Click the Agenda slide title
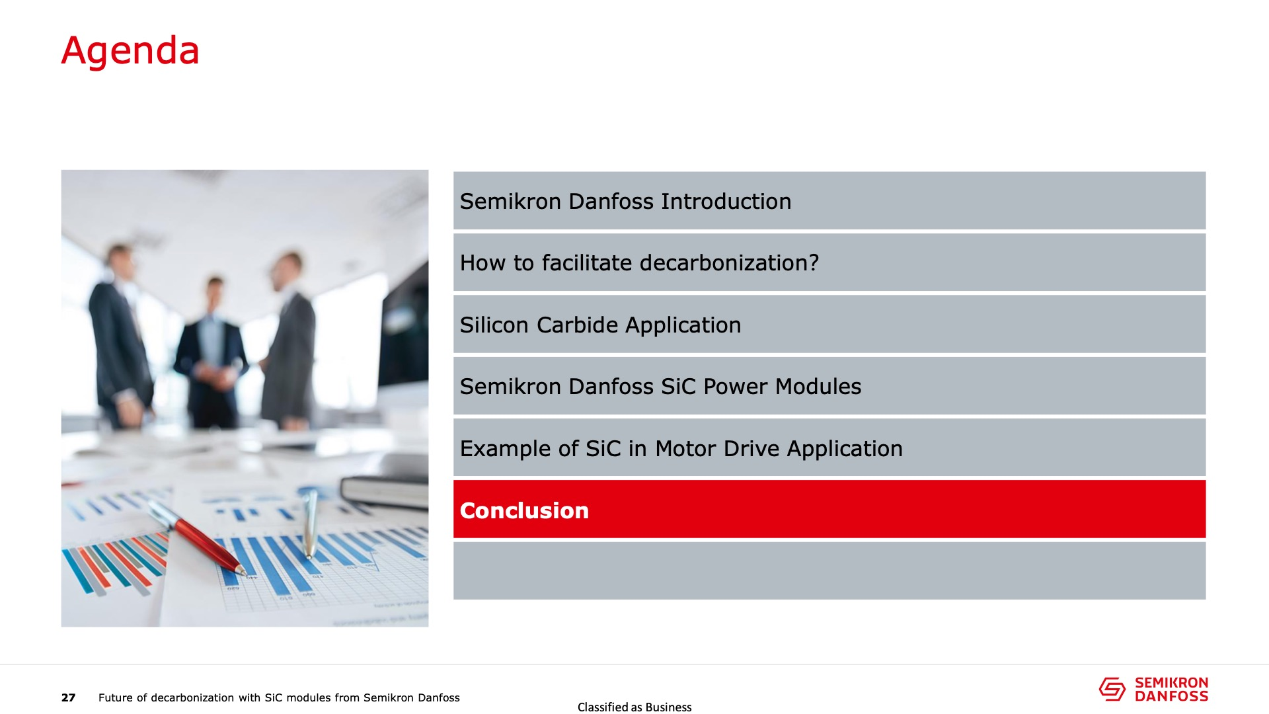coord(130,51)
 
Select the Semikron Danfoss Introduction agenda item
coord(625,201)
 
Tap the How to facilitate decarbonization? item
coord(639,263)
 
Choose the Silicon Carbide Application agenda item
coord(600,325)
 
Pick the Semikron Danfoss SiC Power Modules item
coord(660,387)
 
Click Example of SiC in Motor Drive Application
coord(681,448)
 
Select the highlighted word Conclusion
coord(524,510)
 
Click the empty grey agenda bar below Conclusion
coord(829,571)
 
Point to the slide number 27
coord(69,697)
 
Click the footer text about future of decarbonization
coord(279,697)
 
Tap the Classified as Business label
coord(634,707)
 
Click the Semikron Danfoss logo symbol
coord(1112,689)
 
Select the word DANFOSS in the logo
coord(1171,696)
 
